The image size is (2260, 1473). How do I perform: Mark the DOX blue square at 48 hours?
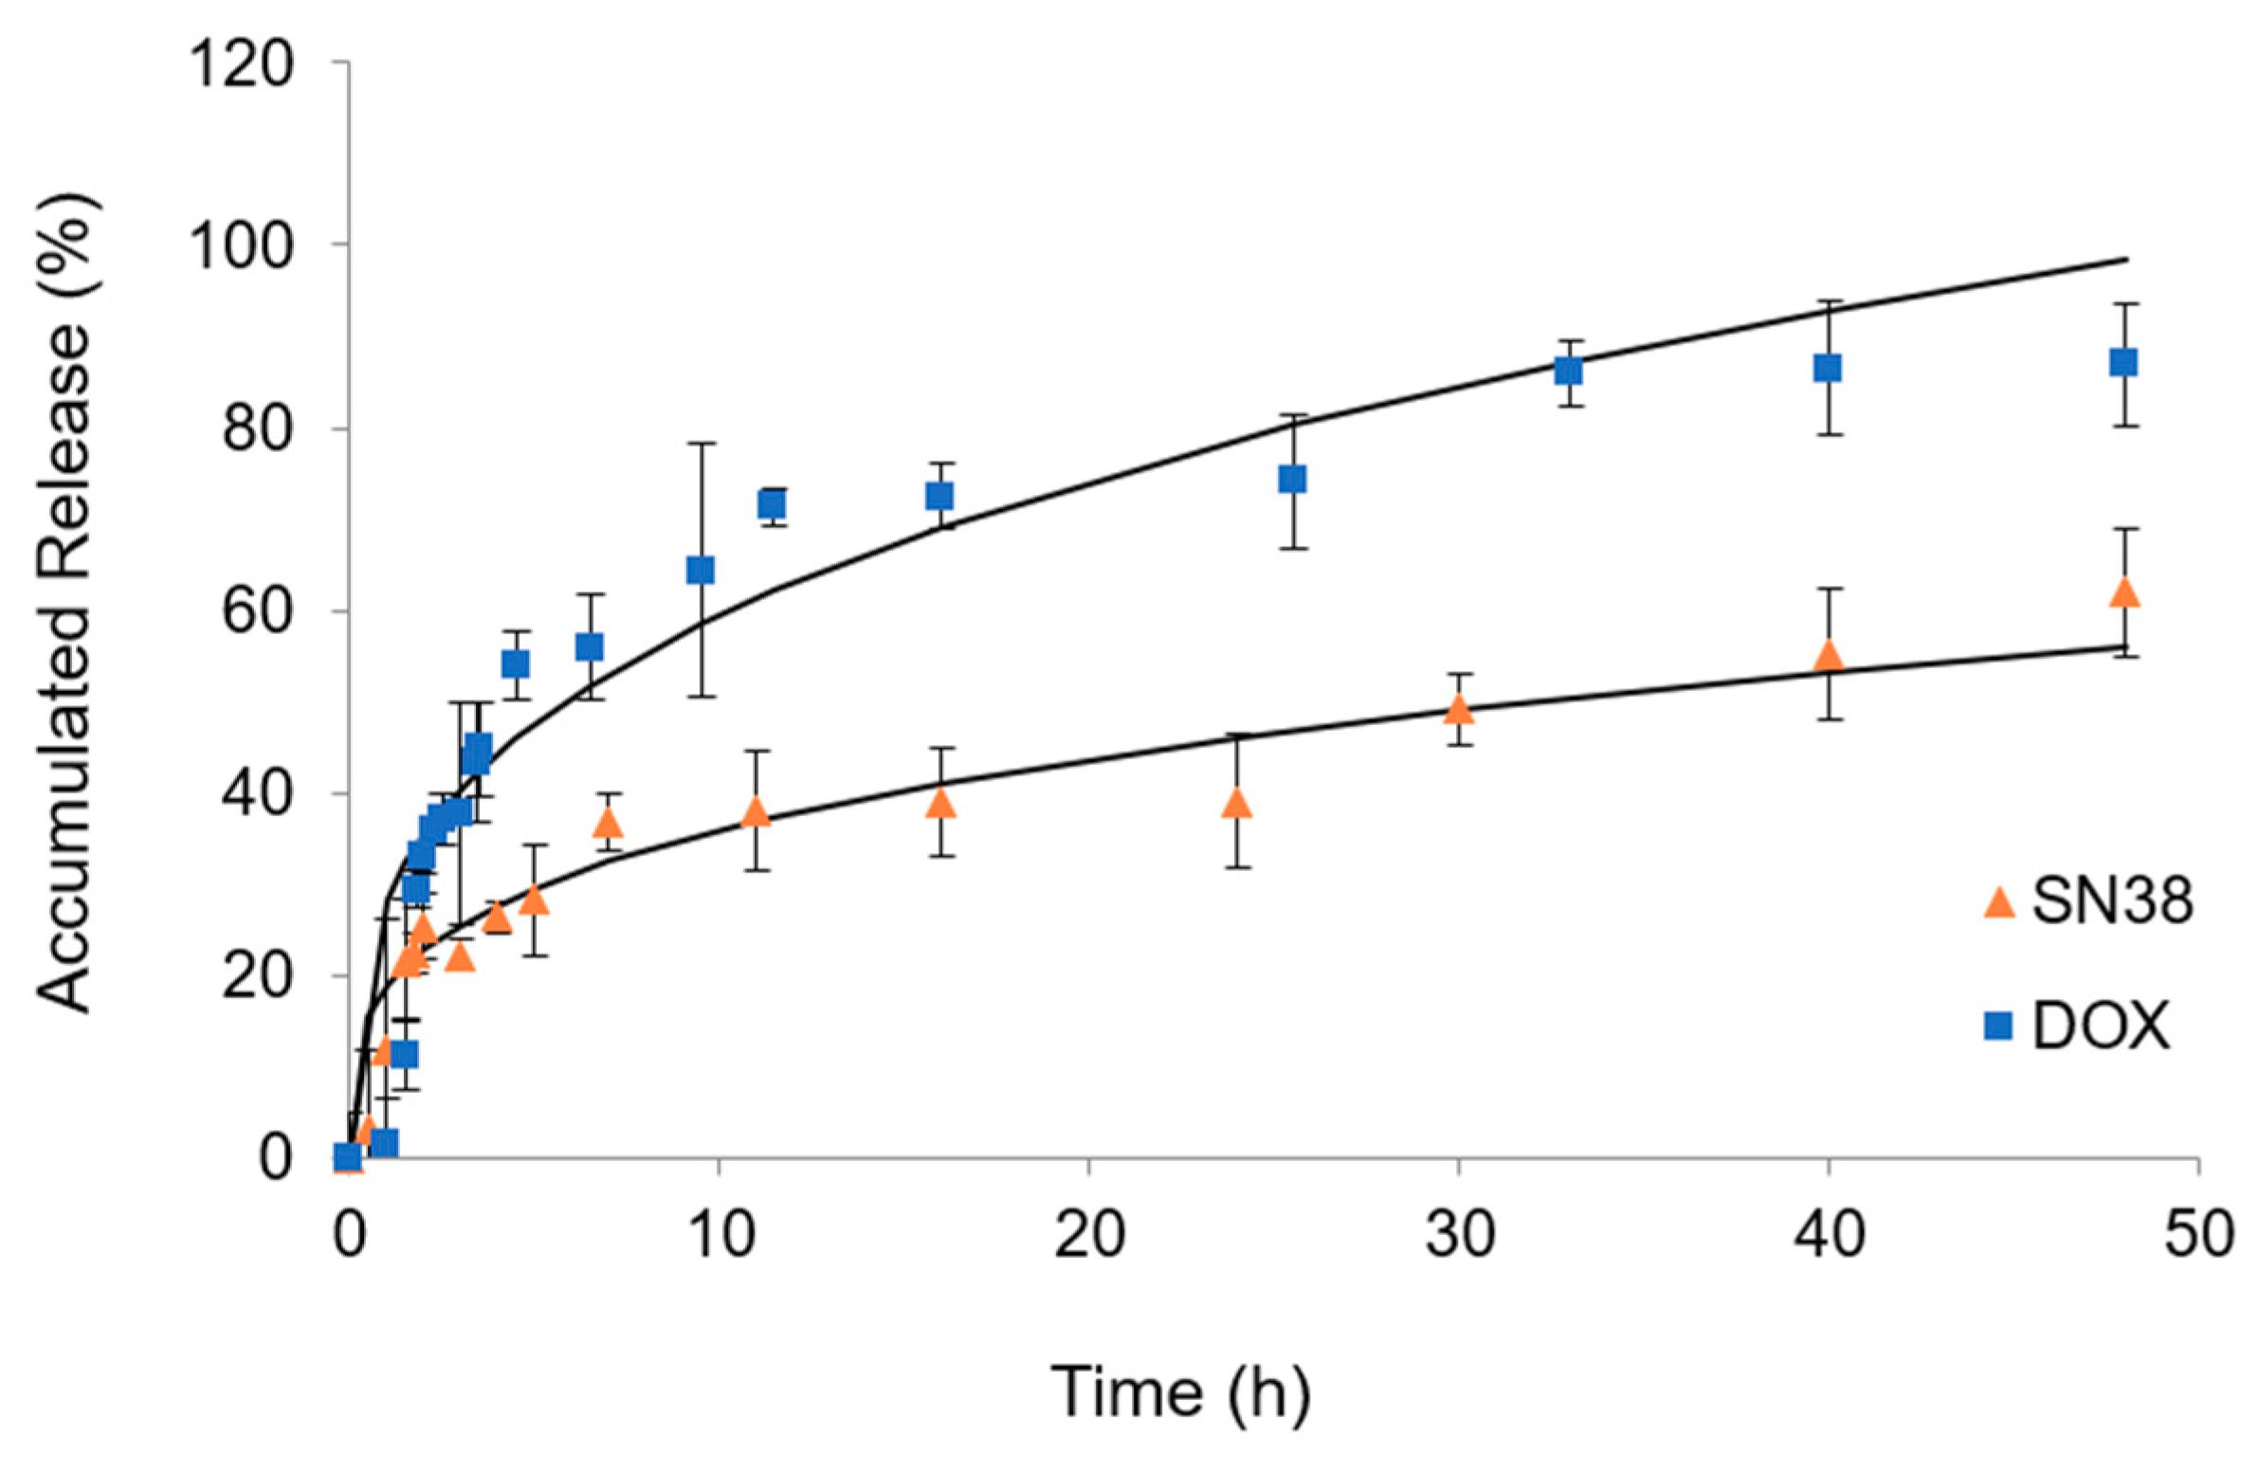2123,363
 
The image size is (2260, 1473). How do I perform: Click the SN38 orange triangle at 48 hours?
2123,592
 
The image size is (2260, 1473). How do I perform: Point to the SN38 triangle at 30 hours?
1459,709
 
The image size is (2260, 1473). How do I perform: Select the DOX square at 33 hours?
1569,372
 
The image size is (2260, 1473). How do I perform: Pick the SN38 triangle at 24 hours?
1236,804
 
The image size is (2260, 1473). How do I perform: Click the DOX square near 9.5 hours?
700,571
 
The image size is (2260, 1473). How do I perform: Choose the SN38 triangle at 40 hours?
1828,656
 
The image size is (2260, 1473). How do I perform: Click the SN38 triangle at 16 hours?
941,804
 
